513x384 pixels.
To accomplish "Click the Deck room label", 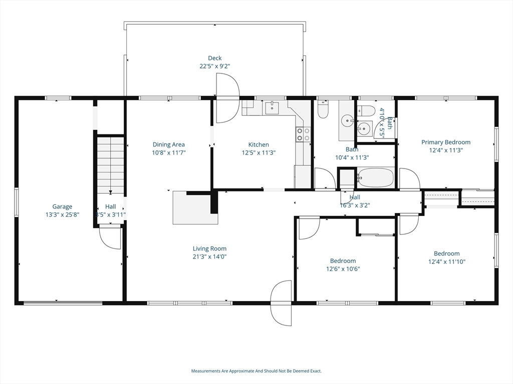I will pyautogui.click(x=215, y=58).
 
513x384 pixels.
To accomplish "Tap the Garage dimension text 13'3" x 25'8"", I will pyautogui.click(x=63, y=214).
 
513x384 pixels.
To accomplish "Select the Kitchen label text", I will pyautogui.click(x=259, y=144).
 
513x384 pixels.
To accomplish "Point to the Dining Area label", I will pyautogui.click(x=168, y=144).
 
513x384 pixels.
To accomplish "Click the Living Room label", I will pyautogui.click(x=209, y=248).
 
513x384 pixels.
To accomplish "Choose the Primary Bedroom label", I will pyautogui.click(x=445, y=142).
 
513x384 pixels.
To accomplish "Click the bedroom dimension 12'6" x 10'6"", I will pyautogui.click(x=343, y=268).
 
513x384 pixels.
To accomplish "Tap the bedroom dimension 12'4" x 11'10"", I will pyautogui.click(x=446, y=261).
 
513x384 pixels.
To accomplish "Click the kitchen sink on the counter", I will pyautogui.click(x=272, y=107).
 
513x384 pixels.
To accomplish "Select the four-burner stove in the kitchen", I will pyautogui.click(x=303, y=134).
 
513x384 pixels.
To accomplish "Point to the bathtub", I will pyautogui.click(x=376, y=177).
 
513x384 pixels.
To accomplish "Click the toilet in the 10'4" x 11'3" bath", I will pyautogui.click(x=323, y=110).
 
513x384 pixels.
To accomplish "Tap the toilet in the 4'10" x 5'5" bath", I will pyautogui.click(x=368, y=110).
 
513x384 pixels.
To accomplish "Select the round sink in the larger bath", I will pyautogui.click(x=348, y=120).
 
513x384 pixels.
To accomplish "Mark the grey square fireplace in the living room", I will pyautogui.click(x=194, y=208).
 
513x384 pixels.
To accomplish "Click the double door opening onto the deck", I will pyautogui.click(x=227, y=98).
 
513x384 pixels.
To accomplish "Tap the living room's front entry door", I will pyautogui.click(x=281, y=303).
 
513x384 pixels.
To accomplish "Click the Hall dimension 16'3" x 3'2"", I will pyautogui.click(x=351, y=204).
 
